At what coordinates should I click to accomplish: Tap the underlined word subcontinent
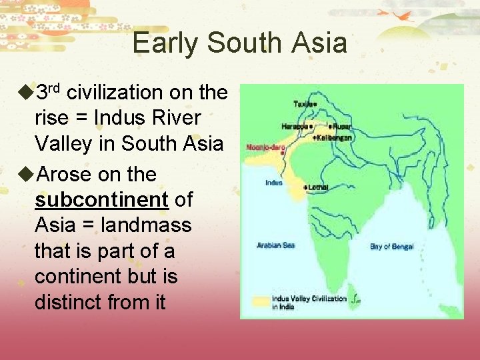coord(102,199)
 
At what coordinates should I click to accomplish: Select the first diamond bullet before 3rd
coord(27,92)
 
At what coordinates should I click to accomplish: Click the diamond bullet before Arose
coord(27,175)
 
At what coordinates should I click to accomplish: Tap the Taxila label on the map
coord(304,104)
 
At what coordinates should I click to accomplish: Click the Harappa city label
coord(294,126)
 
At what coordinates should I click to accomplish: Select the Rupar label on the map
coord(341,126)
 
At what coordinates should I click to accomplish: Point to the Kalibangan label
coord(335,137)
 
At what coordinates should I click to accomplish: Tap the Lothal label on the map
coord(318,187)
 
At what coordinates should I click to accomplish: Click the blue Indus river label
coord(274,183)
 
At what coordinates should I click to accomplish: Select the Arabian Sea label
coord(275,245)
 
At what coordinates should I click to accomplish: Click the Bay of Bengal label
coord(391,247)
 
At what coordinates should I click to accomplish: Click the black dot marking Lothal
coord(305,187)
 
